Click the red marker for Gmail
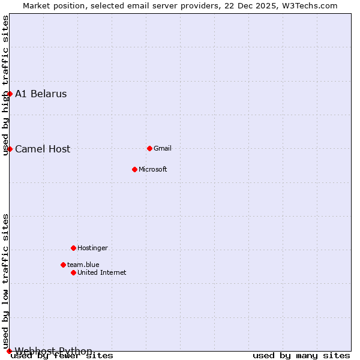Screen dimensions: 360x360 click(149, 148)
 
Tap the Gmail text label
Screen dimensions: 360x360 click(163, 149)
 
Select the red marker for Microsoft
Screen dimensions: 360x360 click(134, 169)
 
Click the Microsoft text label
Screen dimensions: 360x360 click(153, 170)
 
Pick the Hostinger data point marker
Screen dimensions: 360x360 click(73, 248)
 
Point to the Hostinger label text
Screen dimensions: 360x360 click(92, 248)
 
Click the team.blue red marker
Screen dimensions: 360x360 click(63, 265)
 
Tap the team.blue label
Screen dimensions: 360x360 click(83, 265)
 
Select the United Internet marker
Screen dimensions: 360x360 click(73, 272)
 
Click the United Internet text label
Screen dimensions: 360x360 click(102, 273)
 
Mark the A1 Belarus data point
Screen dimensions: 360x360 click(10, 94)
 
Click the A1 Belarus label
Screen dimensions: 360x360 click(41, 94)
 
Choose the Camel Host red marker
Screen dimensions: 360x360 click(10, 149)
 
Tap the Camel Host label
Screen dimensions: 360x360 click(43, 149)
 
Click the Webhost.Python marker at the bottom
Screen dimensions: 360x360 click(10, 351)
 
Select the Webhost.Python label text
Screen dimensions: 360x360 click(54, 351)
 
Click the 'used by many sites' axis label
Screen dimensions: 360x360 click(301, 356)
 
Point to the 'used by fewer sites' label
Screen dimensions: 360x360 click(62, 356)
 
